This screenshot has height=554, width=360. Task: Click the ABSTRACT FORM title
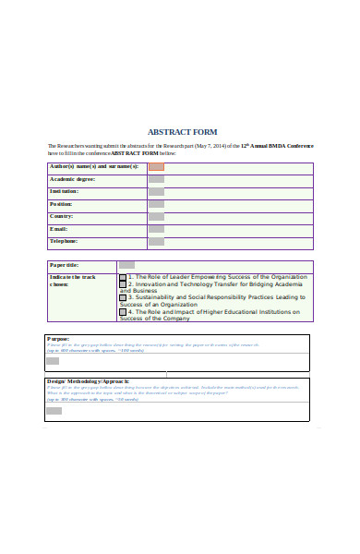pos(182,132)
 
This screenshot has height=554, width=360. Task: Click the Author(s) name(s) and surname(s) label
pos(93,166)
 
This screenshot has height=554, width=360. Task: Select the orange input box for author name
pos(156,167)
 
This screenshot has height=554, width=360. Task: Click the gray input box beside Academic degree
pos(156,179)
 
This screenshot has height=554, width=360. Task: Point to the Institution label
pos(65,191)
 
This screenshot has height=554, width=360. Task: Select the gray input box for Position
pos(156,204)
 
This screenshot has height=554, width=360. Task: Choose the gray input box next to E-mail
pos(156,229)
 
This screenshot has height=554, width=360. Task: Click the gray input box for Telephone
pos(156,241)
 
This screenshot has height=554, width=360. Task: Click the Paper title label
pos(65,265)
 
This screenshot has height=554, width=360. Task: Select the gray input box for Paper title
pos(126,265)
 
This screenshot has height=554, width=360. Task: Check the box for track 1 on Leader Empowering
pos(123,277)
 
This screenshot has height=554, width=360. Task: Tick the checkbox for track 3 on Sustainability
pos(123,298)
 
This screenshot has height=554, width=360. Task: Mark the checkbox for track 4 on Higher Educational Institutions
pos(123,313)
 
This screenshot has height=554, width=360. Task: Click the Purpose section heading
pos(57,339)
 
